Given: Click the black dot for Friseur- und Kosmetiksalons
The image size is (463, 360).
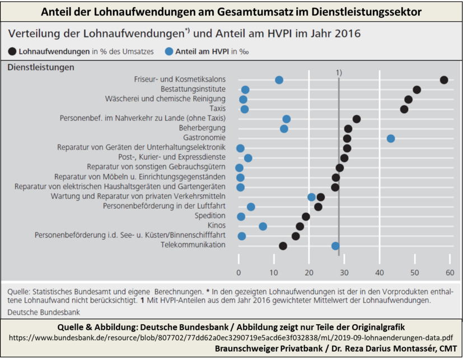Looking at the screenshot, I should [x=444, y=80].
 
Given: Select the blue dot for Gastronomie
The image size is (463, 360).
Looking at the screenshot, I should [x=391, y=138].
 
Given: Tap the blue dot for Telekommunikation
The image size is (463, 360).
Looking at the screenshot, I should [x=335, y=246].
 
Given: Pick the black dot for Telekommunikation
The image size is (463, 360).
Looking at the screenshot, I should [x=283, y=246].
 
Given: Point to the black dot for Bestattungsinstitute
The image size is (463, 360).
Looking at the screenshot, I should [x=417, y=90].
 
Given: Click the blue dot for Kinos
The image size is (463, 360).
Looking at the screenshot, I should [x=263, y=226].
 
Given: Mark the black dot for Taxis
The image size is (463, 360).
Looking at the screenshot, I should [x=404, y=109].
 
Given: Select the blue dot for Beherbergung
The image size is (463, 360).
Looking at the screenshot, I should [x=284, y=129].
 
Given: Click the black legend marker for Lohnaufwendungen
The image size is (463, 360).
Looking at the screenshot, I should [x=12, y=52].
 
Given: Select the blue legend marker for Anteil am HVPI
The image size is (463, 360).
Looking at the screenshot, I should [x=170, y=52].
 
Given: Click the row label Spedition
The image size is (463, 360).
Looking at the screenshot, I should [x=210, y=216].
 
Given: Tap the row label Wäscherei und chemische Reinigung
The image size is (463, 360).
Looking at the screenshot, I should [x=165, y=99].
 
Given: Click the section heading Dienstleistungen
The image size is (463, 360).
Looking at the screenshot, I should [x=40, y=67].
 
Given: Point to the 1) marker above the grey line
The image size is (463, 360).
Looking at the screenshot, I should [x=339, y=72].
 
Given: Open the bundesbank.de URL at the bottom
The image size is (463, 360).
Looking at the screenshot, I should [x=231, y=338].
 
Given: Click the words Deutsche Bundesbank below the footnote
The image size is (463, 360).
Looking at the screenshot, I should [x=44, y=312].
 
